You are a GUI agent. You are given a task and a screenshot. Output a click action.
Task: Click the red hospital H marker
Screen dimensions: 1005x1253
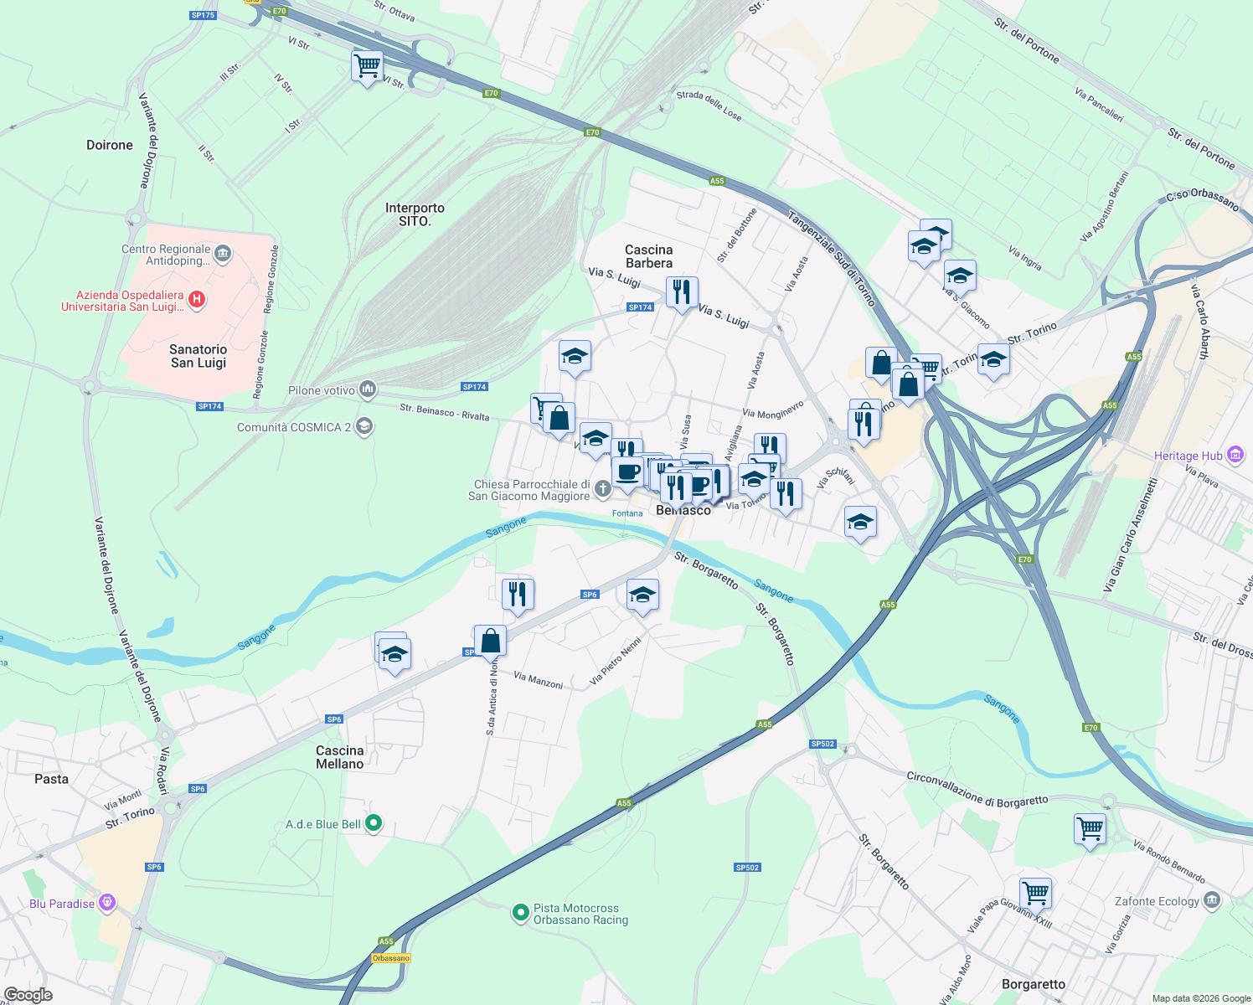(197, 300)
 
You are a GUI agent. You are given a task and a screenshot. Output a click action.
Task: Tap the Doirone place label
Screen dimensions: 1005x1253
(110, 145)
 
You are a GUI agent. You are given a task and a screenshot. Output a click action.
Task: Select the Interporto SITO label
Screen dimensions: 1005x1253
(415, 214)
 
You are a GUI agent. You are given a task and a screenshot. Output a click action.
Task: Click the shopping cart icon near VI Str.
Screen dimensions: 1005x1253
(367, 65)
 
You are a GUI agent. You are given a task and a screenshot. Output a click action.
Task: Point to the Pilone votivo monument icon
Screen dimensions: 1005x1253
(367, 389)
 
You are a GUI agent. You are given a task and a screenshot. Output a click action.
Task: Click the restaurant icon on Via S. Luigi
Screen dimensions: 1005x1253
(682, 292)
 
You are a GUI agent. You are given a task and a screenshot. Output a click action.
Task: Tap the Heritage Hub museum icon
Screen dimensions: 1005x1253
(1235, 455)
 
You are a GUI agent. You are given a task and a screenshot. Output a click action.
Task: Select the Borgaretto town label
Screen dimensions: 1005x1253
(1033, 984)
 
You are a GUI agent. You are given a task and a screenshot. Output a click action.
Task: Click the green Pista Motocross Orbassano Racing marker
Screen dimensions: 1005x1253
(520, 912)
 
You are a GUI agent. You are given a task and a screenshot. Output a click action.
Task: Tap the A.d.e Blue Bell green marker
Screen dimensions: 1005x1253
(374, 823)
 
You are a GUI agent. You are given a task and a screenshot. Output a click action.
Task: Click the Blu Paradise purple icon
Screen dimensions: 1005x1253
(106, 903)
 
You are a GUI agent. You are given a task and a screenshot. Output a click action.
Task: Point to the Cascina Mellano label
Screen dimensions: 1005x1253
(340, 757)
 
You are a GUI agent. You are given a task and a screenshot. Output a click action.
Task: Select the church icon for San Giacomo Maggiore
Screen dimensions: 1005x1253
(602, 488)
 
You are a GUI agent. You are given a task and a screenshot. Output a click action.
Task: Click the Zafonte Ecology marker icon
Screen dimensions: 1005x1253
(1211, 901)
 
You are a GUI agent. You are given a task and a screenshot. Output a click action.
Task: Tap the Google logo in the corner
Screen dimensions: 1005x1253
(28, 994)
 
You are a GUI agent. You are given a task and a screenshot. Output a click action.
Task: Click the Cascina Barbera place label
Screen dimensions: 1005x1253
(648, 256)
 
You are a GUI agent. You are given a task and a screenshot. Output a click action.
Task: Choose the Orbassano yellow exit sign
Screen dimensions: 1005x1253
(391, 958)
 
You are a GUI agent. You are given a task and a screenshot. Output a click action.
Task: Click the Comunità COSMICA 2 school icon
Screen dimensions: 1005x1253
(364, 427)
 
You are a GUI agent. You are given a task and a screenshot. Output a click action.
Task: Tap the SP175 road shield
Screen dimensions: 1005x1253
(203, 15)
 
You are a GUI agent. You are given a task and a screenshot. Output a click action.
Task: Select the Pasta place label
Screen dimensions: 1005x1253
(51, 779)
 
